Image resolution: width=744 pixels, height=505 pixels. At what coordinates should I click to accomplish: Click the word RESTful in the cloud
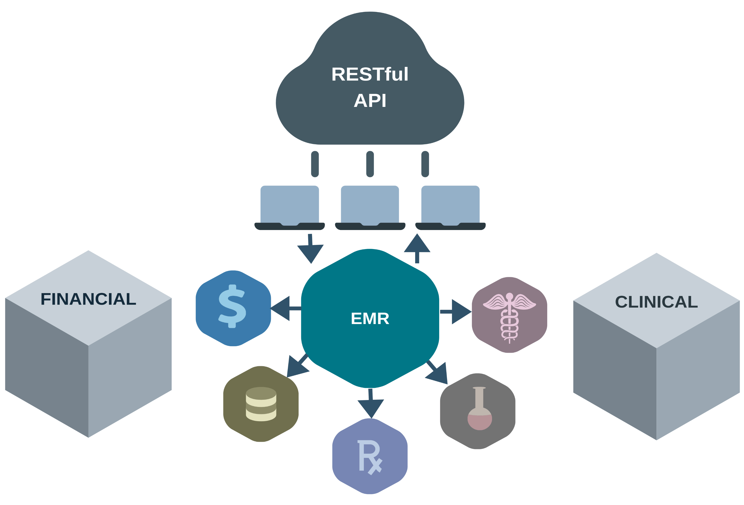(x=370, y=74)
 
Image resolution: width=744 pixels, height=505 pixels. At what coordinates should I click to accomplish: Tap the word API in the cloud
(x=370, y=101)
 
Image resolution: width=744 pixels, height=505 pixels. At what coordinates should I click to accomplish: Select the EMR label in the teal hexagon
(x=370, y=319)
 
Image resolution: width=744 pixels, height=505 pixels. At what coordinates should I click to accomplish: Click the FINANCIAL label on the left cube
(x=88, y=299)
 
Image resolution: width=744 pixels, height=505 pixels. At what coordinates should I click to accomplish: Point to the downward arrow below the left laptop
(x=310, y=250)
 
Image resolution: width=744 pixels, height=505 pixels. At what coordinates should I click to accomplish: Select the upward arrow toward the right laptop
(x=417, y=249)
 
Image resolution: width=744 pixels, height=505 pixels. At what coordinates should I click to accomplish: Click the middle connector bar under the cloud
(x=370, y=164)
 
